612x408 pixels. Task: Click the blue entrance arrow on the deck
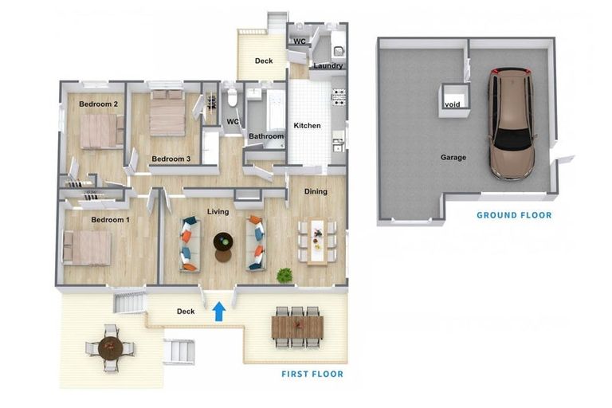coord(219,311)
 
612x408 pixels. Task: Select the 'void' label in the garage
coord(452,104)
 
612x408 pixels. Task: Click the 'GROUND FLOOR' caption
coord(514,215)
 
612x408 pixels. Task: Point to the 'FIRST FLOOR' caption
coord(312,374)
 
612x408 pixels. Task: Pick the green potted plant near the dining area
coord(283,276)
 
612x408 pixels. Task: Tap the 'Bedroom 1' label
coord(110,219)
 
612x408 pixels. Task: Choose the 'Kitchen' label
coord(307,126)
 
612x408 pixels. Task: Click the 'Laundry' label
coord(327,66)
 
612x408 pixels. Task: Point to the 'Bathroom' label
coord(266,136)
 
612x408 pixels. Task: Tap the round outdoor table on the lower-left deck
coord(110,347)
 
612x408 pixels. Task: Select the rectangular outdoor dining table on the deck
coord(298,327)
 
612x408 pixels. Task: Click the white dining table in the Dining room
coord(317,240)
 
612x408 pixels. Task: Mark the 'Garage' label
coord(453,157)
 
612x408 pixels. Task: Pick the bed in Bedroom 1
coord(88,247)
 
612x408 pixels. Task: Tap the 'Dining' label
coord(316,191)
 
